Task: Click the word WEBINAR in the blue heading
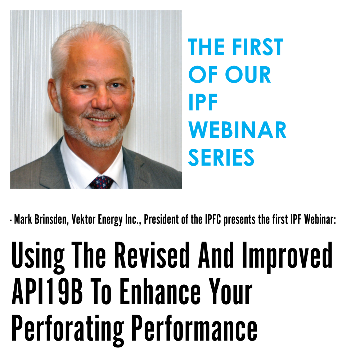coord(237,130)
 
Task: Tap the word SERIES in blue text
coord(221,157)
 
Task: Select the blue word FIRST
coord(258,47)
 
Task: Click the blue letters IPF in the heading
coord(203,102)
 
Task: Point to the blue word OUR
coord(248,75)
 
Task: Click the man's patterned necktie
coord(102,182)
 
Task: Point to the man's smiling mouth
coord(100,120)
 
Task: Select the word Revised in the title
coord(152,255)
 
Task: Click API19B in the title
coord(47,291)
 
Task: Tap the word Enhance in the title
coord(160,291)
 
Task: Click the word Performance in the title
coord(195,328)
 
